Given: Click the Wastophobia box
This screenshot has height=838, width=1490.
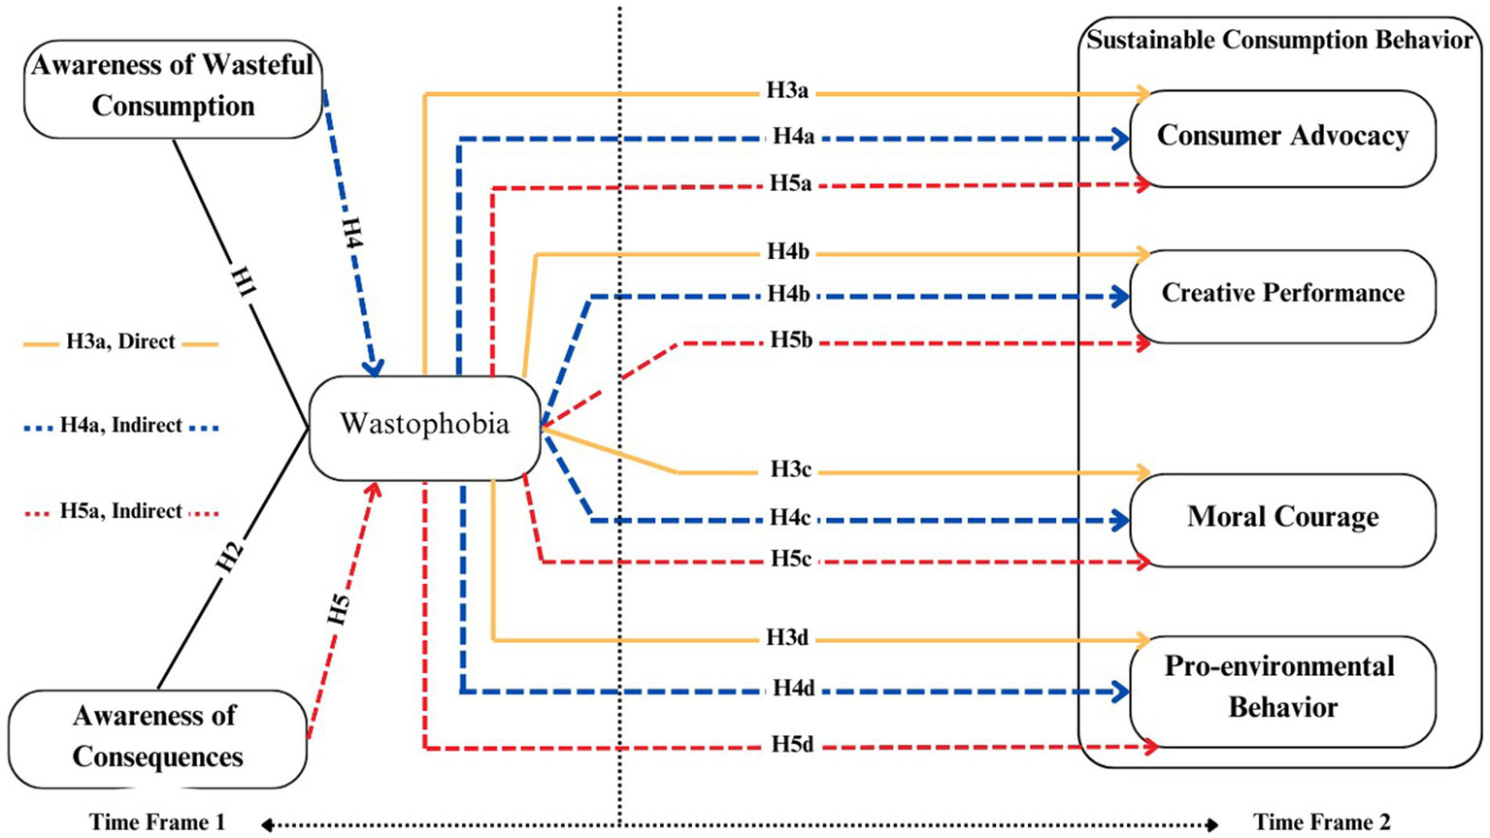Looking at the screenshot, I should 424,425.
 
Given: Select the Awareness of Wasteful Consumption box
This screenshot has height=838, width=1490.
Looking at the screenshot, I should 173,87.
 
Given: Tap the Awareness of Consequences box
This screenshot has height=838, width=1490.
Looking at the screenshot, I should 157,738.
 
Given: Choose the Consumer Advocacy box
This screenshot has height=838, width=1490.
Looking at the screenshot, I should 1282,137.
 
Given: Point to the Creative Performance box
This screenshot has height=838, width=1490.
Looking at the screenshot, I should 1282,294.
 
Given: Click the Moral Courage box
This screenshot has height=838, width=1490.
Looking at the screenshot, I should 1282,518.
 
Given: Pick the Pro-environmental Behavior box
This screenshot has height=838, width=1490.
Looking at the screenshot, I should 1282,688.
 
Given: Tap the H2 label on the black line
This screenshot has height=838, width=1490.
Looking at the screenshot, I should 229,557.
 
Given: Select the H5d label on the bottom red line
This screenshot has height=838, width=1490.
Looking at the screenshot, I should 792,745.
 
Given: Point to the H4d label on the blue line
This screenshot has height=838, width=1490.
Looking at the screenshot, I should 793,690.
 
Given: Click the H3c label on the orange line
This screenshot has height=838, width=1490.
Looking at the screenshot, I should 790,469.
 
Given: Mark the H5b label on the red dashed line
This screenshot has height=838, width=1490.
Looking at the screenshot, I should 791,340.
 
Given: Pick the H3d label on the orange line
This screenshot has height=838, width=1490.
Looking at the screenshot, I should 786,638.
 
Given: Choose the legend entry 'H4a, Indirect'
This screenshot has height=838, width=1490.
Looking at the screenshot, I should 120,425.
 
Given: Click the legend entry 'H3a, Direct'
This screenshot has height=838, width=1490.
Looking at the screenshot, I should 120,341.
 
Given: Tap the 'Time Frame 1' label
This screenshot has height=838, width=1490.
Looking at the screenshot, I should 157,822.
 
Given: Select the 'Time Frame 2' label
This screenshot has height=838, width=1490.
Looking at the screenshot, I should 1321,822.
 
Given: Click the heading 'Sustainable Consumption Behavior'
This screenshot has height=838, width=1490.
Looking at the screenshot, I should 1279,41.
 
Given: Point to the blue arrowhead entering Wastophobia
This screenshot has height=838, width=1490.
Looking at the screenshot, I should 373,368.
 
